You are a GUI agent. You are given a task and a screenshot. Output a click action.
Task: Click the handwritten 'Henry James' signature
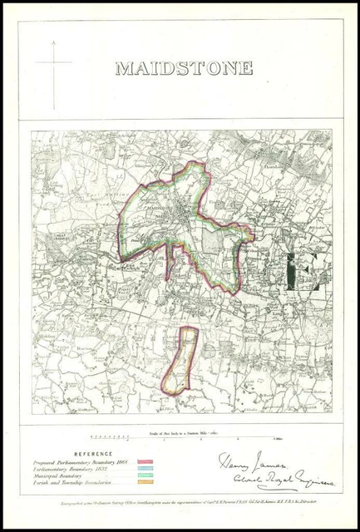coord(249,462)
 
